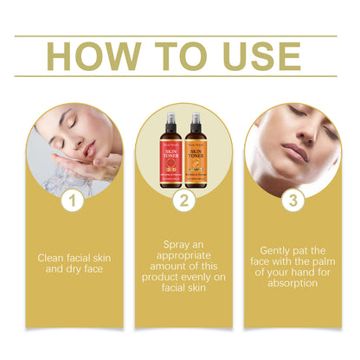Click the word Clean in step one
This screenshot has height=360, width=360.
coord(49,257)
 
